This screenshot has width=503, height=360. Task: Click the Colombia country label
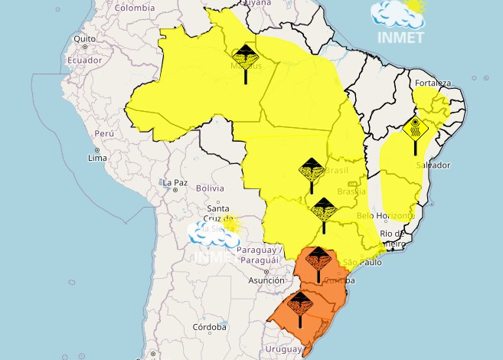coord(136,8)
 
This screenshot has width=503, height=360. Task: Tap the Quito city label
coord(84,38)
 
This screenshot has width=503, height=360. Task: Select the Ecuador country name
coord(84,60)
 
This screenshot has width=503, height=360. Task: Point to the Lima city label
coord(97,158)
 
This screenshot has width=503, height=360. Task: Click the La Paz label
coord(175,182)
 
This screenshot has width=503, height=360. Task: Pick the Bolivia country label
coord(210,188)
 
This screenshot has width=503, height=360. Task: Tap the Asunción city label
coord(266,280)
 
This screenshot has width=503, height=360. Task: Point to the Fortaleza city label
coord(433,83)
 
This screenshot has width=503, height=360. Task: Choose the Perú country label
coord(103,133)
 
